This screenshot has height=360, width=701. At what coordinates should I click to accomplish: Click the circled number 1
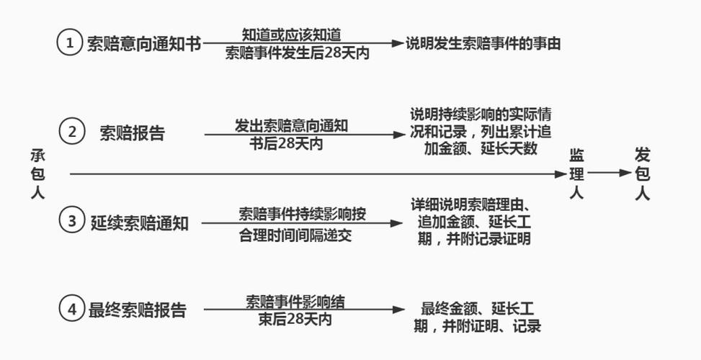coord(70,43)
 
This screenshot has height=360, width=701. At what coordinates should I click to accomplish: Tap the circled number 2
coord(72,132)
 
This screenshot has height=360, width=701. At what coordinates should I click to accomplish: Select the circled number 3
coord(71,221)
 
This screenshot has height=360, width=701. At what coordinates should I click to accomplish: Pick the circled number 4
coord(71,310)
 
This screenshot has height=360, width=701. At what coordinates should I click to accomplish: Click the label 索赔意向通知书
coord(143,43)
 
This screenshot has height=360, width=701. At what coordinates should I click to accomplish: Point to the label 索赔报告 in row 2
coord(132,133)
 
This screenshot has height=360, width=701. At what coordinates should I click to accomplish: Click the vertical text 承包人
coord(37,174)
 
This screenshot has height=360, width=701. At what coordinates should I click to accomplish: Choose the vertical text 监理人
coord(576,174)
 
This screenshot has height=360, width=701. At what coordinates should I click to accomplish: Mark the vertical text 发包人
coord(643,174)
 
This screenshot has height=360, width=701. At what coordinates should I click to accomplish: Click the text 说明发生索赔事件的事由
coord(483,43)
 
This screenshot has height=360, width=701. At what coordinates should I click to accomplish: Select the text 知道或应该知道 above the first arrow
coord(291,33)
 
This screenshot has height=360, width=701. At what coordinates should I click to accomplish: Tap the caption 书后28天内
coord(286,143)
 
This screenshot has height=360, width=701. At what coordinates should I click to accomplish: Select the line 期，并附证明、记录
coord(477,326)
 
